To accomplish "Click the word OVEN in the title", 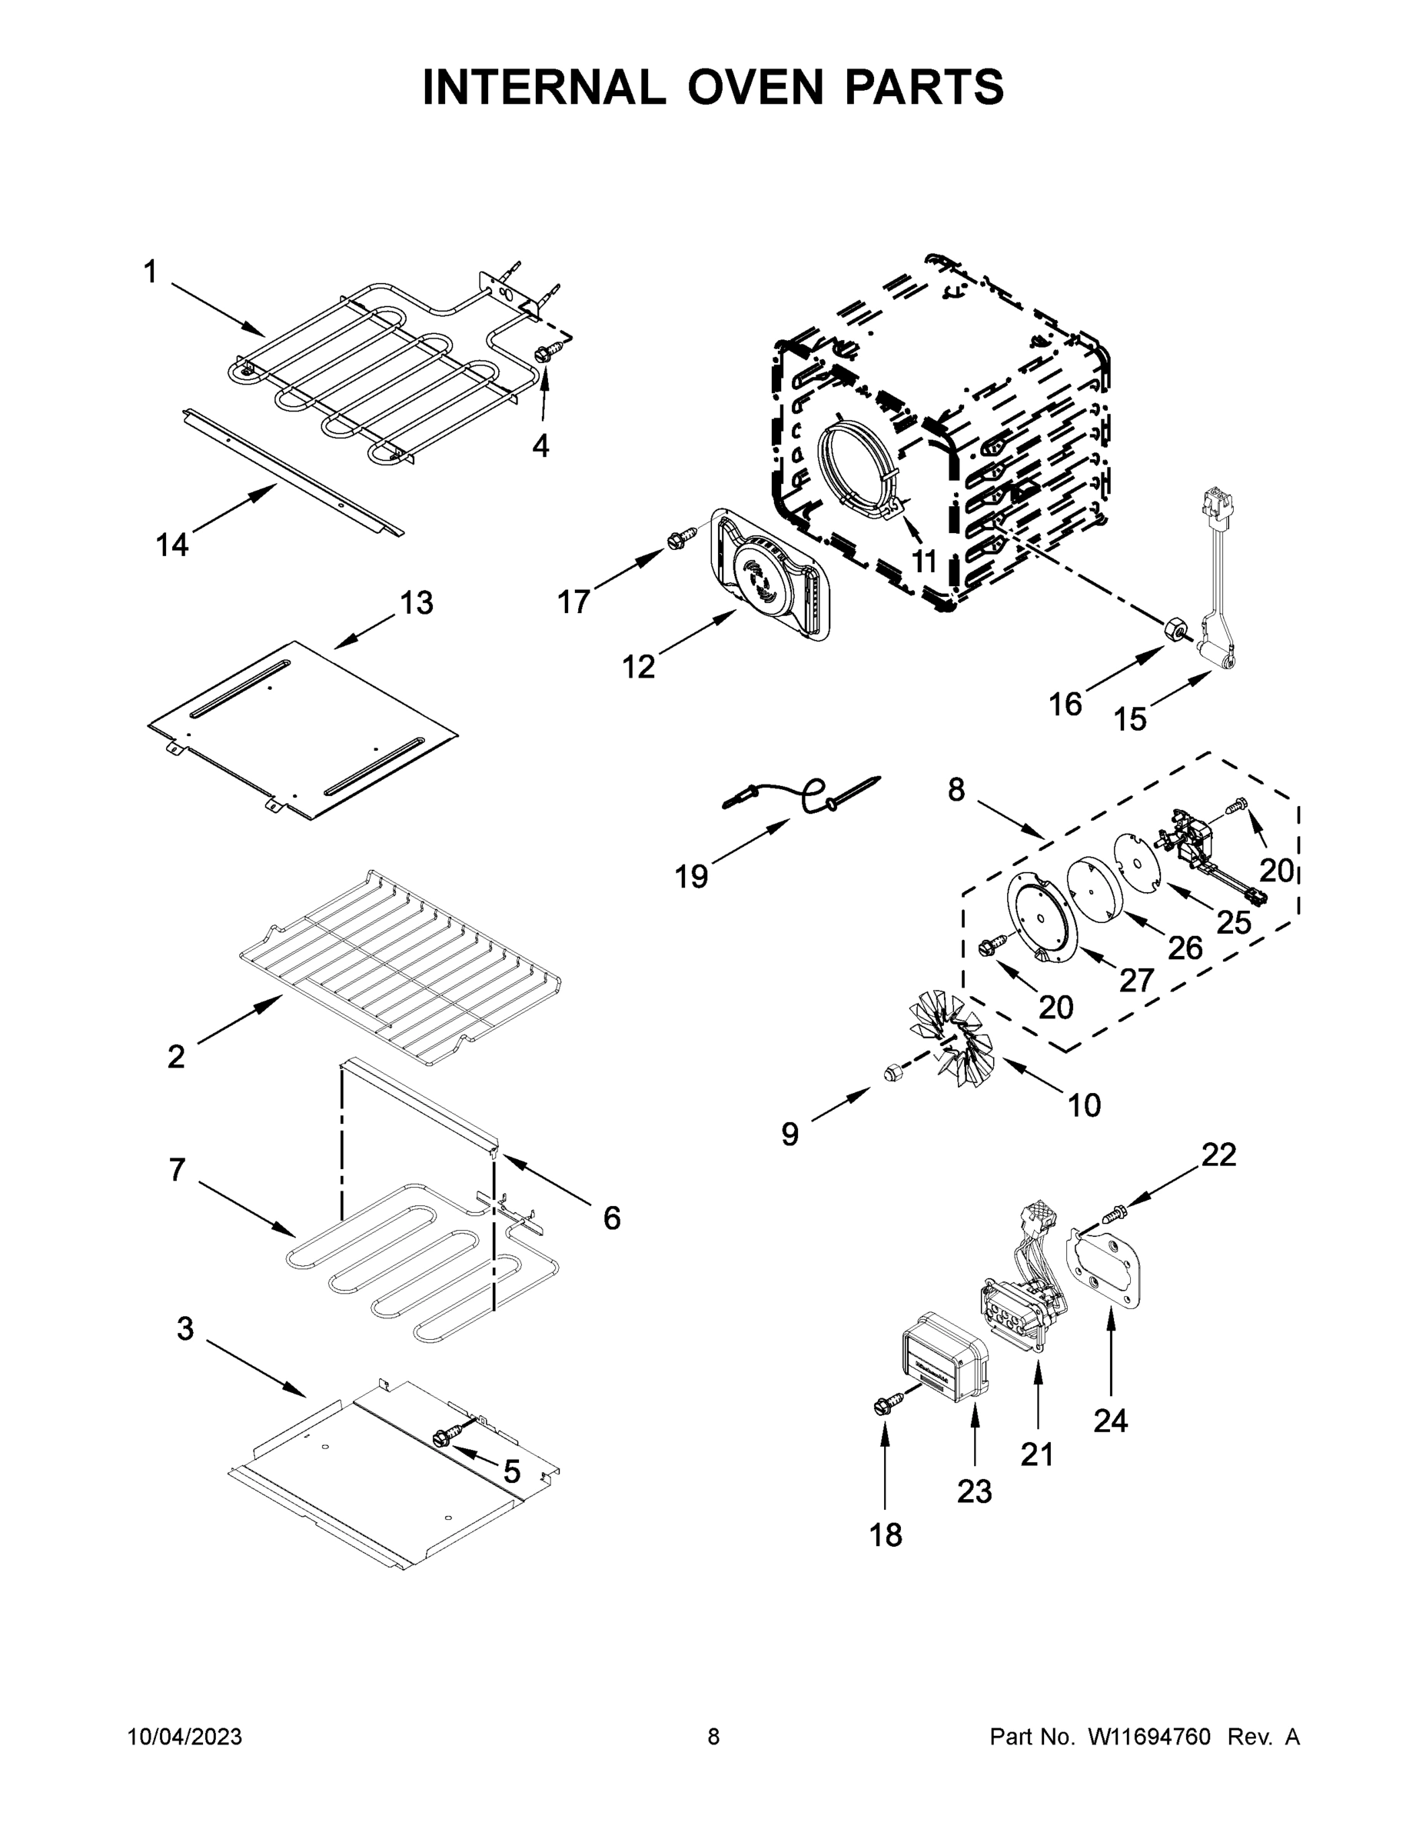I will pos(754,87).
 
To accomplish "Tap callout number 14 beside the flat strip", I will pos(171,545).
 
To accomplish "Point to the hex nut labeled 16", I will pos(1175,630).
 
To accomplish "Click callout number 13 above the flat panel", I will pos(416,603).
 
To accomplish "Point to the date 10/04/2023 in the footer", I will pos(184,1737).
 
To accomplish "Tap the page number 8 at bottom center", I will pos(713,1737).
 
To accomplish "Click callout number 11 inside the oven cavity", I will pos(924,561).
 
